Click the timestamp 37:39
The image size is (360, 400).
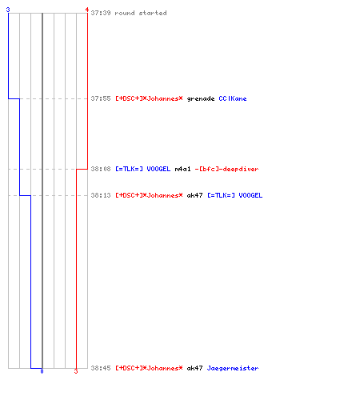pos(101,13)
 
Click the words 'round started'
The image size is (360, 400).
pos(141,13)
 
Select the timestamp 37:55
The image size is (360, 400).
pos(101,98)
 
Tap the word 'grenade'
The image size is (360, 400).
pos(201,99)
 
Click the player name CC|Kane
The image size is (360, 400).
pos(233,98)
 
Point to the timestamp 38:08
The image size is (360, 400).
pos(101,169)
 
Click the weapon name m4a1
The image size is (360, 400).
pos(182,169)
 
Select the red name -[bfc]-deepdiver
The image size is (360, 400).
pos(226,169)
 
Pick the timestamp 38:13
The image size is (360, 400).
pos(101,195)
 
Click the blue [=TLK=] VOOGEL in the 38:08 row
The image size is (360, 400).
pos(142,169)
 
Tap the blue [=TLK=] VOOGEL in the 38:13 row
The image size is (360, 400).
pos(234,195)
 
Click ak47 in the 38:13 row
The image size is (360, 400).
pos(194,195)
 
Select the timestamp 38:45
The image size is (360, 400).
pos(101,368)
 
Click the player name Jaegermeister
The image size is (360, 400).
pos(233,368)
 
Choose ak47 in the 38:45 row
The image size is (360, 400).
pos(194,368)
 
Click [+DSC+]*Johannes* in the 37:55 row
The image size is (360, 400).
pos(149,98)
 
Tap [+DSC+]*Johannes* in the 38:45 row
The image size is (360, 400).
pos(149,368)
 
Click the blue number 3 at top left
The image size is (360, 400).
pos(8,10)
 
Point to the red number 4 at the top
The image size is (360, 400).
pos(87,10)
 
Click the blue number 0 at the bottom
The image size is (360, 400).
pos(42,371)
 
